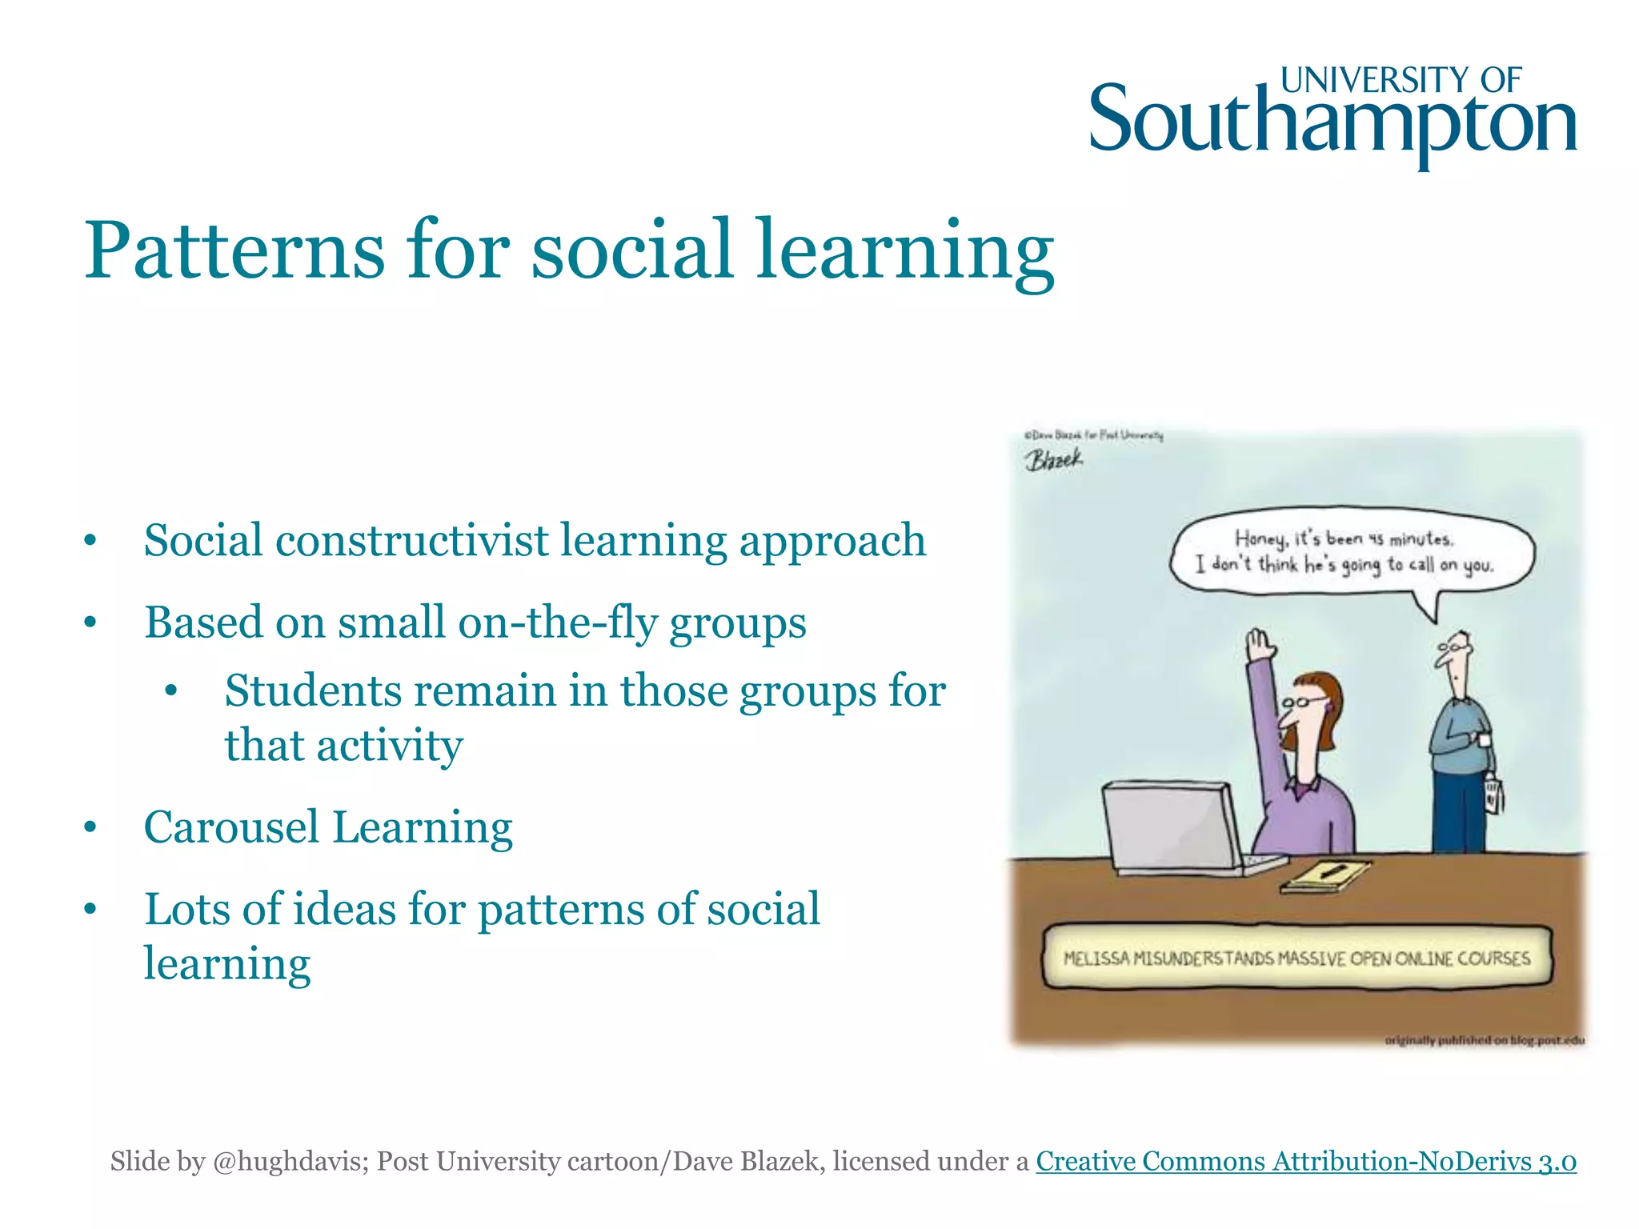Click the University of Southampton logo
point(1332,116)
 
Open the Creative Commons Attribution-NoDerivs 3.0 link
point(1305,1161)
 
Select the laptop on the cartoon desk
point(1172,828)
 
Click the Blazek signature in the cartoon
point(1054,460)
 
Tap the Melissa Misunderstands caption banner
point(1296,958)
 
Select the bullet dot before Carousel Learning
point(90,828)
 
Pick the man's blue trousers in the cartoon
point(1460,812)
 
